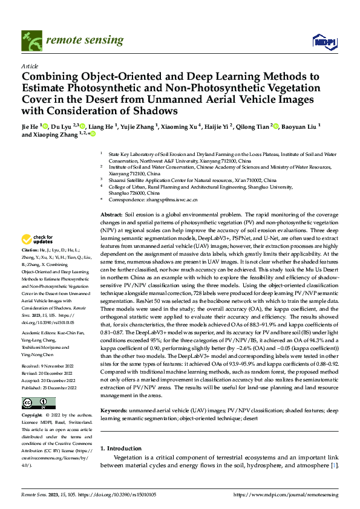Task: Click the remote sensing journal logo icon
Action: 30,40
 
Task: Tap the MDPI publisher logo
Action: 324,41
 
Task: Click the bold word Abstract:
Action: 111,215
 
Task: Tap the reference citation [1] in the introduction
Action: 334,466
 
